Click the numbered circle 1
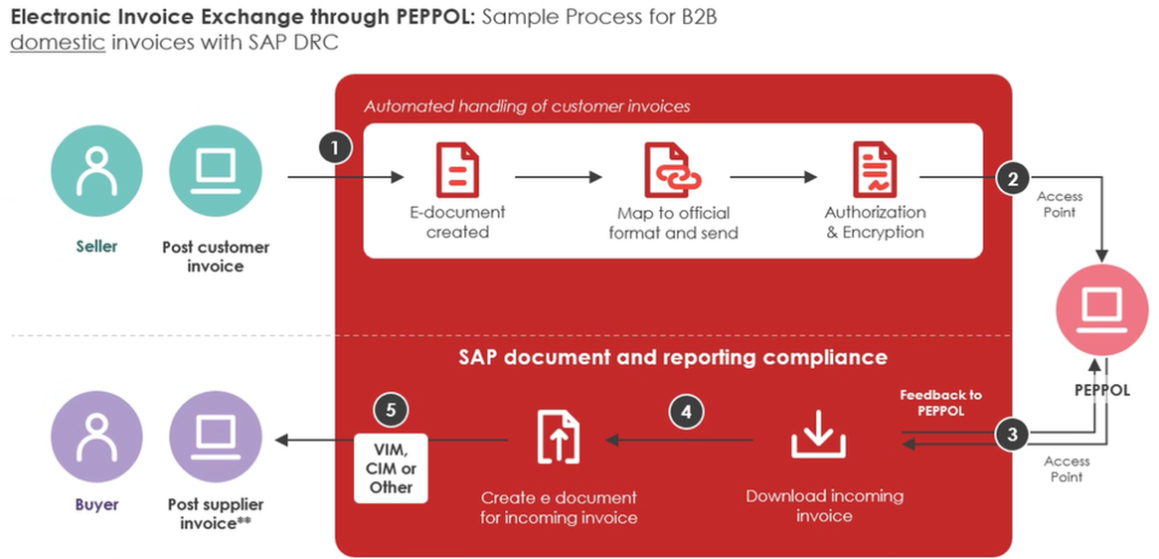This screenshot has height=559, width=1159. click(336, 149)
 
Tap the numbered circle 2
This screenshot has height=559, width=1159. click(1013, 179)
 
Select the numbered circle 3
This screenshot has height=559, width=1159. click(1013, 434)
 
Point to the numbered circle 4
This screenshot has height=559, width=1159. click(685, 412)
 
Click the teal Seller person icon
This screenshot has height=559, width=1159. click(96, 171)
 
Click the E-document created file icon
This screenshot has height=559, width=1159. click(457, 170)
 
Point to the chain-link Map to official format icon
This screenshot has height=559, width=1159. click(672, 170)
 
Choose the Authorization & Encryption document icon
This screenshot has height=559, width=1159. click(875, 170)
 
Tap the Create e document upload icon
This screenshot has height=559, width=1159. click(559, 436)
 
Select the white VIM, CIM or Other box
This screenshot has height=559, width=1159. click(391, 466)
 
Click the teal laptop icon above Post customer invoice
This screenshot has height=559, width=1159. click(216, 171)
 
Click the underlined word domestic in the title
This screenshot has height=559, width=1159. click(58, 43)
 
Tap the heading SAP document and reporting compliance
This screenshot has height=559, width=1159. click(673, 356)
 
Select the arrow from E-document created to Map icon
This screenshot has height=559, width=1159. click(559, 178)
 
